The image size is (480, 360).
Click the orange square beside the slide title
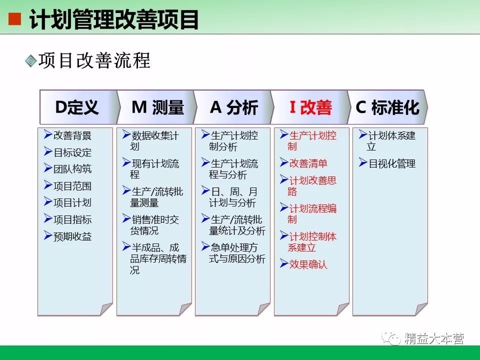click(x=14, y=19)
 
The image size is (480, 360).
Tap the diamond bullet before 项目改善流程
click(x=31, y=60)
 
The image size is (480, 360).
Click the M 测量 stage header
click(x=156, y=107)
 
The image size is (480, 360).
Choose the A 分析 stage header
click(x=233, y=107)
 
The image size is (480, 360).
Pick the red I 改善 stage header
click(x=310, y=107)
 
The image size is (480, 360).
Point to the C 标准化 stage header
click(x=387, y=107)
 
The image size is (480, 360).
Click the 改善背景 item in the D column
click(x=72, y=135)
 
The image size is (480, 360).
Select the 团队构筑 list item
click(x=72, y=169)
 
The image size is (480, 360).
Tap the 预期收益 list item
click(x=72, y=236)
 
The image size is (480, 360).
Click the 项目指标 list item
click(x=72, y=219)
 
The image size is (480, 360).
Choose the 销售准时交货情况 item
click(x=154, y=225)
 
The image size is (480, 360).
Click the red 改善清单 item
click(x=308, y=163)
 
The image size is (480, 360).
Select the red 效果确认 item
click(x=308, y=264)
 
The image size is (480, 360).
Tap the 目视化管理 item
click(x=392, y=163)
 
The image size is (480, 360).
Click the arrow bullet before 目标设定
click(x=48, y=151)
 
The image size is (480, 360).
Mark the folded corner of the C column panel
click(x=421, y=308)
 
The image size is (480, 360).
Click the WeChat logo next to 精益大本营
click(x=391, y=338)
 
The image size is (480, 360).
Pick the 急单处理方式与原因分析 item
click(x=237, y=253)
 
